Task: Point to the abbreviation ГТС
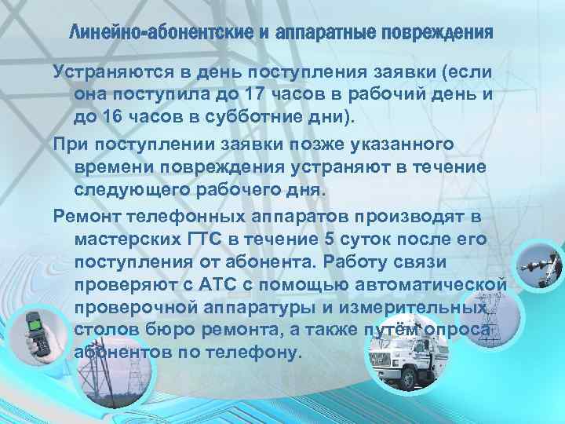click(x=209, y=239)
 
